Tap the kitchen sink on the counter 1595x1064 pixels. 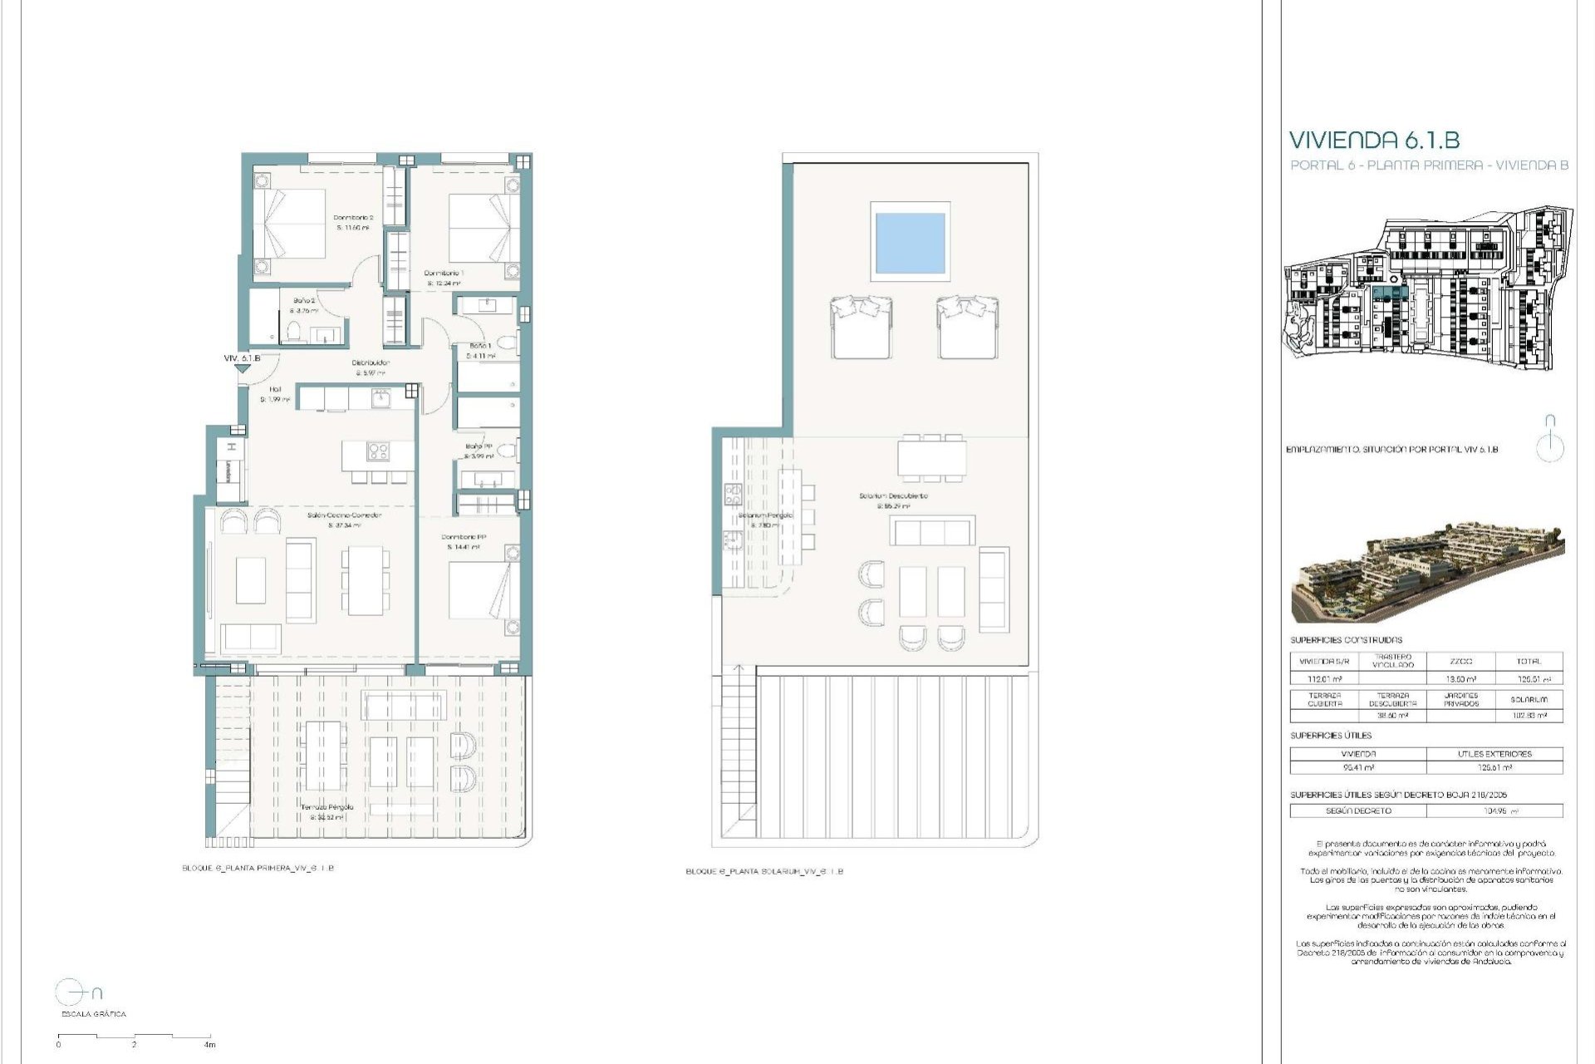coord(383,400)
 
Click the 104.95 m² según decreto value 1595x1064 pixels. coord(1494,810)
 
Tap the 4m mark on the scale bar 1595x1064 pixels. coord(210,1045)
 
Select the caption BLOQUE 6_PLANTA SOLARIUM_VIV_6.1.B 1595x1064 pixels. coord(763,872)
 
